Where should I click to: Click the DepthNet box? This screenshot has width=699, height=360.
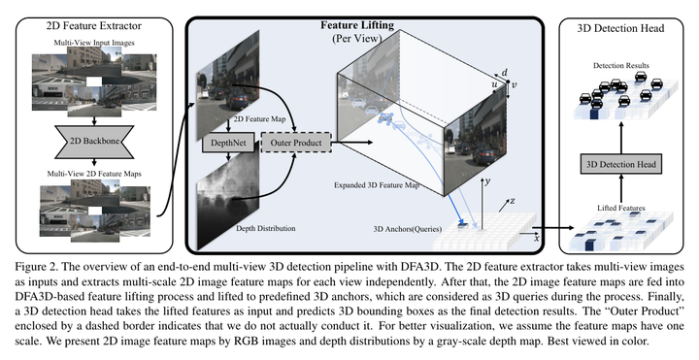pyautogui.click(x=228, y=143)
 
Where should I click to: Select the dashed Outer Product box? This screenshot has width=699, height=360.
pyautogui.click(x=296, y=143)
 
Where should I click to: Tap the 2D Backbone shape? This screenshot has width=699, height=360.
pyautogui.click(x=94, y=142)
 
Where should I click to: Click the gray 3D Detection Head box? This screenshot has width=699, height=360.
pyautogui.click(x=621, y=164)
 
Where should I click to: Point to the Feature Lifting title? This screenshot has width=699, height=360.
pyautogui.click(x=357, y=25)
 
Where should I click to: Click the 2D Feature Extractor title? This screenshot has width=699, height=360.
pyautogui.click(x=93, y=26)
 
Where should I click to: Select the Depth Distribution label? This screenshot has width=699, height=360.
pyautogui.click(x=266, y=229)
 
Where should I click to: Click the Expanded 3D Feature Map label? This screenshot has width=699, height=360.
pyautogui.click(x=377, y=185)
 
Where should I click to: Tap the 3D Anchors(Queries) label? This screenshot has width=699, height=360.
pyautogui.click(x=408, y=229)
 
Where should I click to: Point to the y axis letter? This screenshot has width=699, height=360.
pyautogui.click(x=487, y=182)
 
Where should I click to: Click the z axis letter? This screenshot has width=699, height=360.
pyautogui.click(x=513, y=201)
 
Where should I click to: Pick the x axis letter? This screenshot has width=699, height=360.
pyautogui.click(x=537, y=239)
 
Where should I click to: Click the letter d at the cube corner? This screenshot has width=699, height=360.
pyautogui.click(x=505, y=73)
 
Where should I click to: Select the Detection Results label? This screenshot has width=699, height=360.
pyautogui.click(x=621, y=65)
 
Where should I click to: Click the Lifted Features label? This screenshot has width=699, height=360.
pyautogui.click(x=621, y=208)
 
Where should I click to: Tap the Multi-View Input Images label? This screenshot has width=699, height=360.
pyautogui.click(x=94, y=43)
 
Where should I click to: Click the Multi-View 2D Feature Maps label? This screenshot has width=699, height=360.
pyautogui.click(x=94, y=174)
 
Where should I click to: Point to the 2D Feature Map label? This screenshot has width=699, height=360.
pyautogui.click(x=257, y=119)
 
